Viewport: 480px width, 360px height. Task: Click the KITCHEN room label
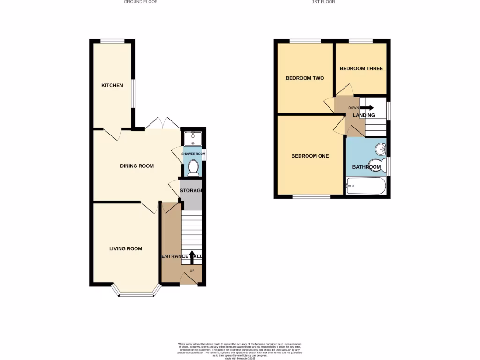[112, 86]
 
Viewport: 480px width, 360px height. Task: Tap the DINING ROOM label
[137, 166]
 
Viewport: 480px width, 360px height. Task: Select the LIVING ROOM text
[126, 249]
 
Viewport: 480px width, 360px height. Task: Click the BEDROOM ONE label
[310, 156]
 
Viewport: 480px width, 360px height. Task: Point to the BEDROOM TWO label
[305, 78]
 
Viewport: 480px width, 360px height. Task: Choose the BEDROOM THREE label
[361, 69]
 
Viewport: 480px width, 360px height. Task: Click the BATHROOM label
[366, 167]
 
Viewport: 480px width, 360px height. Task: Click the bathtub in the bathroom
[366, 186]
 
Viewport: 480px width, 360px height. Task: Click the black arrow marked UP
[192, 256]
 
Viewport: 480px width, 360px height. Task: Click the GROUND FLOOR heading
[141, 2]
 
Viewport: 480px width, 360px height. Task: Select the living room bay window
[136, 294]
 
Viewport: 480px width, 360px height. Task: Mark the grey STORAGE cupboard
[191, 195]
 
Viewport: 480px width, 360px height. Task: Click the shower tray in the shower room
[193, 139]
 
